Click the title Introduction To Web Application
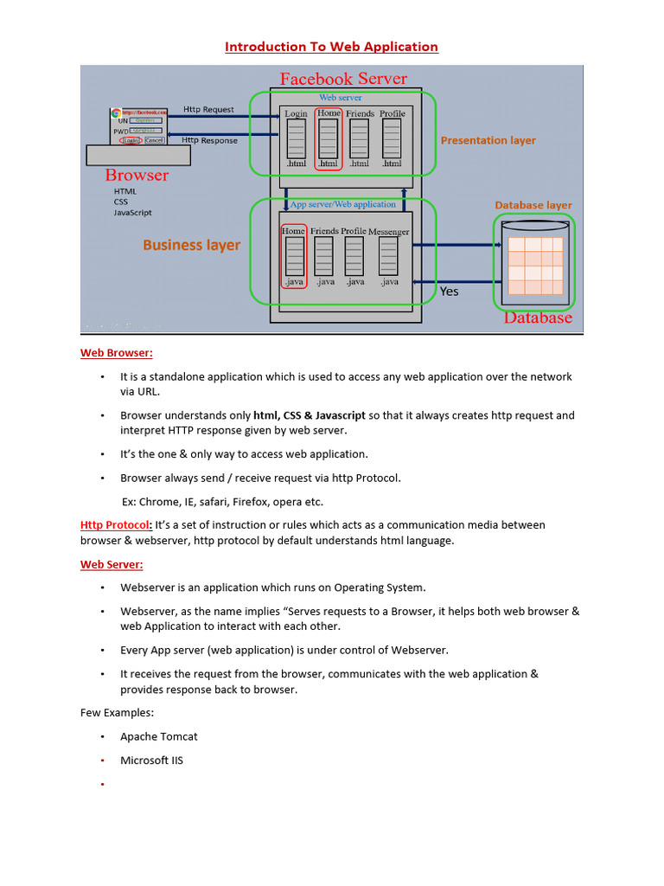click(x=331, y=47)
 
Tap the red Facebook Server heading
click(x=343, y=79)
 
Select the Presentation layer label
click(x=488, y=140)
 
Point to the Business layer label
click(x=191, y=245)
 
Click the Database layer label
click(x=533, y=205)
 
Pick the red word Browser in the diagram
click(x=137, y=176)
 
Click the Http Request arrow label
click(x=208, y=110)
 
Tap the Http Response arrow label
click(x=209, y=140)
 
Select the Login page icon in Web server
click(x=297, y=138)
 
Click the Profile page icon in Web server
click(x=392, y=138)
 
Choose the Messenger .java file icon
click(x=388, y=256)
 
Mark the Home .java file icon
click(x=294, y=256)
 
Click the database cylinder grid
click(x=535, y=266)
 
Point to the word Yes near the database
click(x=449, y=292)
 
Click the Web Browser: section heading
click(x=117, y=353)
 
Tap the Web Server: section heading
click(x=112, y=564)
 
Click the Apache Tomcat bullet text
click(x=158, y=736)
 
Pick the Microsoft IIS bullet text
click(x=151, y=761)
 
